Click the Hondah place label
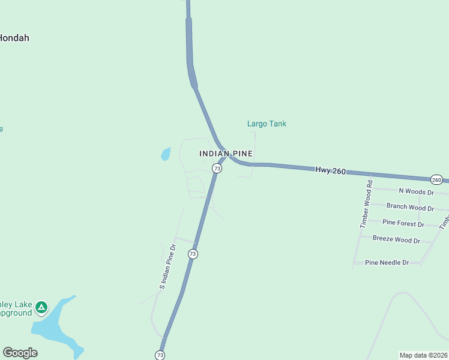coord(14,38)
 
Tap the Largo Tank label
coord(267,124)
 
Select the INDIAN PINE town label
coord(226,154)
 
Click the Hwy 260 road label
coord(330,171)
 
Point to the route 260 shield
coord(436,179)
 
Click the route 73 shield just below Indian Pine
coord(217,169)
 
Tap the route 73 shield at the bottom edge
coord(160,355)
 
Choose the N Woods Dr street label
coord(416,191)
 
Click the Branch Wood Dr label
coord(410,208)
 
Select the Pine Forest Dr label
coord(403,224)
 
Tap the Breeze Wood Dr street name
coord(396,239)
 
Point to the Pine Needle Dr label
coord(387,262)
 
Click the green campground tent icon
coord(41,308)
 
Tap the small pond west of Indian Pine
coord(166,154)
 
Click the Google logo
coord(20,353)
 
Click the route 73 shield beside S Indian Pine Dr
coord(192,254)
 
